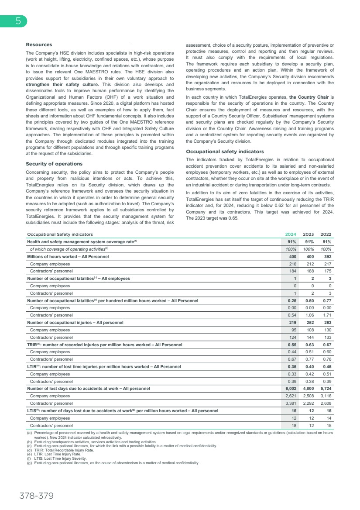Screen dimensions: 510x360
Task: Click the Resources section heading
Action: (x=39, y=45)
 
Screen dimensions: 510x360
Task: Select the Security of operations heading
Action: (x=54, y=164)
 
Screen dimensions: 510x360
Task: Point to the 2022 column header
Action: (x=326, y=234)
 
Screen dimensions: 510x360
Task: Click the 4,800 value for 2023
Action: (x=308, y=388)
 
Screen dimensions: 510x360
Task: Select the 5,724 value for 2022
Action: (x=326, y=388)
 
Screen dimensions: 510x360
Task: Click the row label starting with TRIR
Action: (x=104, y=345)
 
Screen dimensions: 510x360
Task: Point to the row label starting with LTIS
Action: (x=122, y=410)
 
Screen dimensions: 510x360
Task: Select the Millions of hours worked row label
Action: (x=68, y=256)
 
